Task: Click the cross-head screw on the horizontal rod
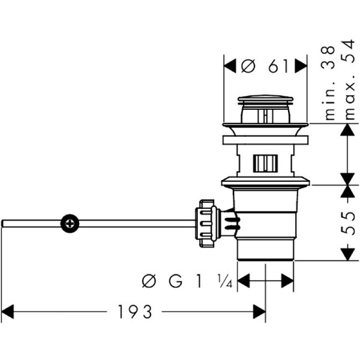(x=70, y=224)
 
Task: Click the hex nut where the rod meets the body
(x=205, y=223)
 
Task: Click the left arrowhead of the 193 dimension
(x=7, y=312)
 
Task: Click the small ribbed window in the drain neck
(x=265, y=162)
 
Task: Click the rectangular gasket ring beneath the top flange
(x=265, y=140)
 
